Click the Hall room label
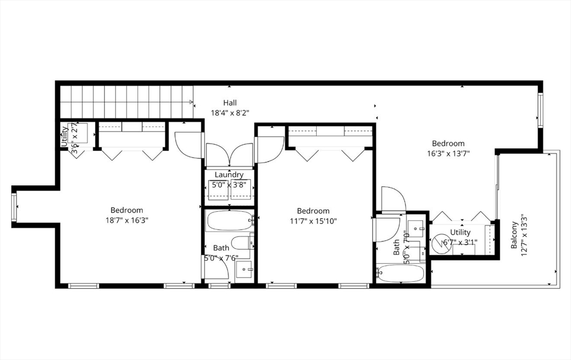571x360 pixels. [x=230, y=103]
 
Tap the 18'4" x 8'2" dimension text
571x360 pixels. [x=230, y=113]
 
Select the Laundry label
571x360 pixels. [x=229, y=175]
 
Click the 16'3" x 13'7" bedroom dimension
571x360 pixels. [x=448, y=154]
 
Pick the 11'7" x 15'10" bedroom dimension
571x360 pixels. [x=313, y=221]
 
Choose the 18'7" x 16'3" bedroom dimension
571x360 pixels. [x=127, y=220]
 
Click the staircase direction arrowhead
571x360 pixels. [x=191, y=102]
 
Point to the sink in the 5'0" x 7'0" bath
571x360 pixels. [x=415, y=227]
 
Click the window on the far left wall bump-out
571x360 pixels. [x=14, y=207]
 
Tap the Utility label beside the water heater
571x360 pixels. [x=461, y=232]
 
